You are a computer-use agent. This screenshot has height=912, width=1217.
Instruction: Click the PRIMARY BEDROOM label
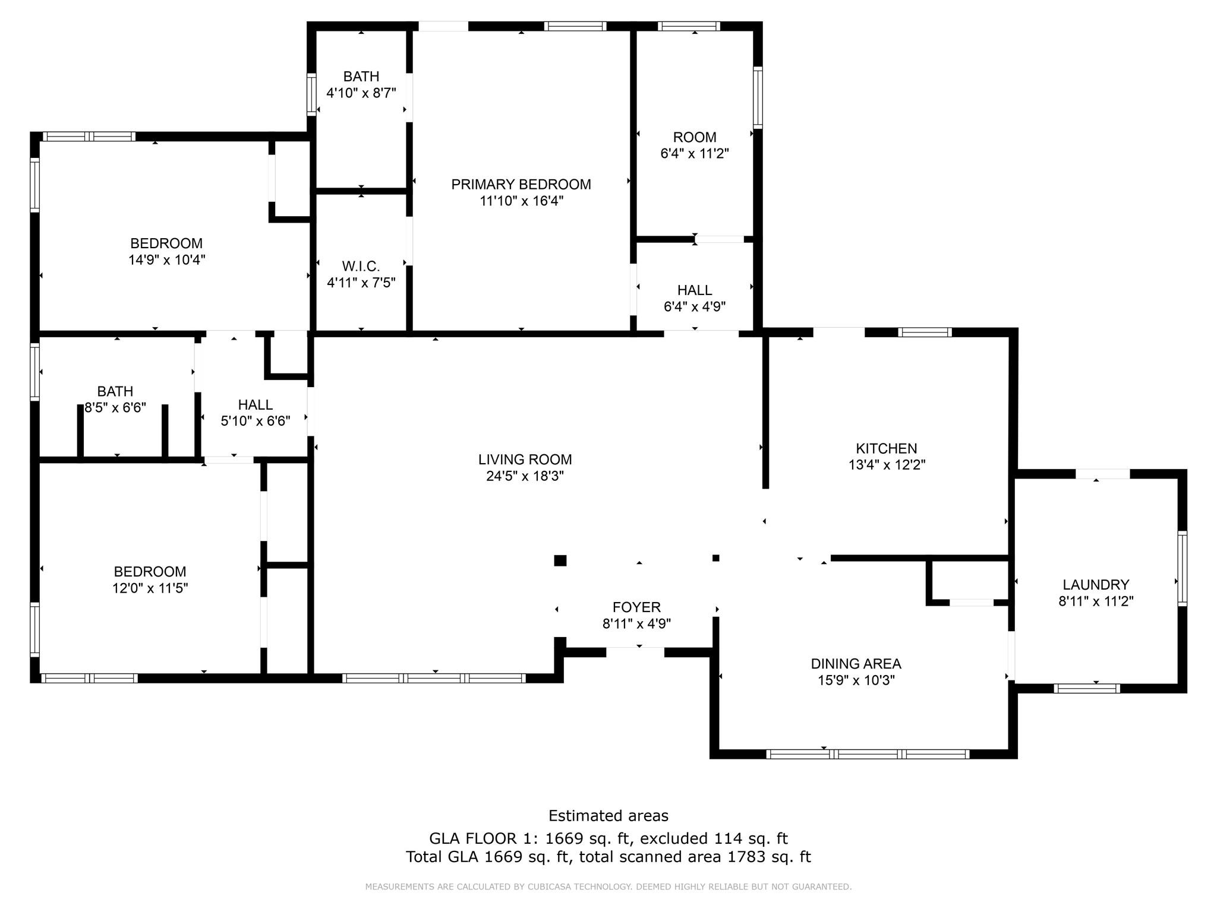[x=521, y=185]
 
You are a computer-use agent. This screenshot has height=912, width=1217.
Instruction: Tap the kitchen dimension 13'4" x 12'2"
[x=887, y=465]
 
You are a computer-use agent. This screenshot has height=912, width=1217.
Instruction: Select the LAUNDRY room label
[x=1096, y=585]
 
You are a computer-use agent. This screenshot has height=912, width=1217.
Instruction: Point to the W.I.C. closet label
[x=361, y=266]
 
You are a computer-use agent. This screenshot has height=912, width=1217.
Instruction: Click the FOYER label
[x=636, y=607]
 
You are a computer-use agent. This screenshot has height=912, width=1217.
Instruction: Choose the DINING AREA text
[x=856, y=664]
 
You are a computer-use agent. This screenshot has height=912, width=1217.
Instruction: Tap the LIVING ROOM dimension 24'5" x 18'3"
[x=525, y=476]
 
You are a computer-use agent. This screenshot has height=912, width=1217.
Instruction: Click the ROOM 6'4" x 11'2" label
[x=695, y=137]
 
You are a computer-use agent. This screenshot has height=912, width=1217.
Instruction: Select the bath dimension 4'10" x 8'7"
[x=361, y=93]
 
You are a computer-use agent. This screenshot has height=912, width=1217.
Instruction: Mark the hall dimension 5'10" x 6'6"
[x=256, y=422]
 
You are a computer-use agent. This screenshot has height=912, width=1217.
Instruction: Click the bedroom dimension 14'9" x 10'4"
[x=167, y=260]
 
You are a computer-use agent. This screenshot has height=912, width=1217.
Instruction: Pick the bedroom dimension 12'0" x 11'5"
[x=150, y=588]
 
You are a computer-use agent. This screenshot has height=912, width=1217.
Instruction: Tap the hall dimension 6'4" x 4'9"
[x=695, y=307]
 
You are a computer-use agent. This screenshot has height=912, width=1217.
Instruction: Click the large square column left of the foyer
[x=560, y=560]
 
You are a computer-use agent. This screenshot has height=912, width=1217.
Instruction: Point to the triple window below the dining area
[x=868, y=755]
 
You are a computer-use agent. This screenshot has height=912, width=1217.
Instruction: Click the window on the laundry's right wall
[x=1182, y=568]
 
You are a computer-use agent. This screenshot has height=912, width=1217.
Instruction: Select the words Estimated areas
[x=608, y=816]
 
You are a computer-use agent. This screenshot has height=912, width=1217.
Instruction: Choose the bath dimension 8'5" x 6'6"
[x=115, y=408]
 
